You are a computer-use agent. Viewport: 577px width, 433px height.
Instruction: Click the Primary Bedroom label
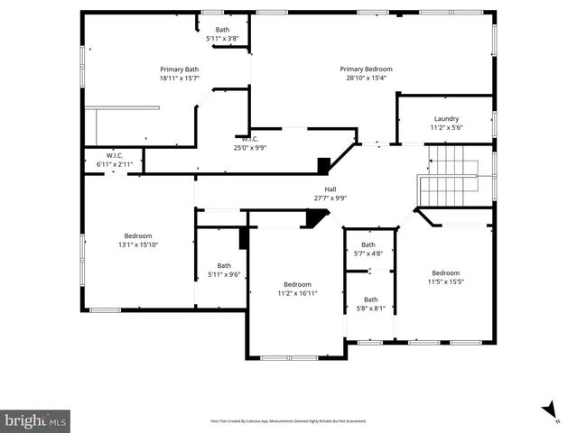tap(366, 69)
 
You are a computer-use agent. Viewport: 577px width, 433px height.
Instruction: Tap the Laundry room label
tap(446, 118)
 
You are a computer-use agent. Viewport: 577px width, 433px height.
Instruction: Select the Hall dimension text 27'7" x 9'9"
tap(330, 198)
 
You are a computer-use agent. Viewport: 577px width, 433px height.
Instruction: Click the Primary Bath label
tap(180, 69)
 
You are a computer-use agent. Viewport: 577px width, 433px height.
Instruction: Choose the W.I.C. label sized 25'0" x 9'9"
tap(249, 148)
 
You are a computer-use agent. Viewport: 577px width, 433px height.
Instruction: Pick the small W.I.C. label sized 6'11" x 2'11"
tap(114, 164)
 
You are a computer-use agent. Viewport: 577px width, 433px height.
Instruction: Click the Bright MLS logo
tap(36, 420)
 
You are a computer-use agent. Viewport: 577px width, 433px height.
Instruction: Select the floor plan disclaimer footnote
tap(288, 420)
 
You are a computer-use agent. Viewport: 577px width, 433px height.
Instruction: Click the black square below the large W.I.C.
tap(323, 165)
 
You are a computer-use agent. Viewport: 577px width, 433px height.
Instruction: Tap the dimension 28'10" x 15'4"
tap(366, 78)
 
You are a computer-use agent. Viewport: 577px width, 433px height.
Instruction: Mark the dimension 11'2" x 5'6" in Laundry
tap(446, 128)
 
